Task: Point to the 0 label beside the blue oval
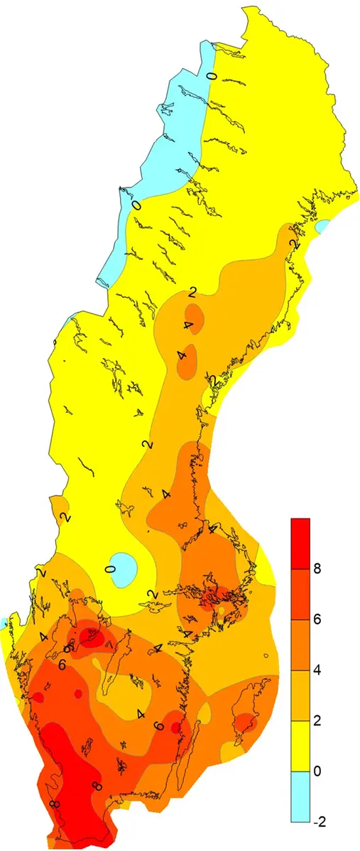pos(110,570)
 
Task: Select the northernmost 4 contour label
pos(187,325)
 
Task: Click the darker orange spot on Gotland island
pos(245,722)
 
